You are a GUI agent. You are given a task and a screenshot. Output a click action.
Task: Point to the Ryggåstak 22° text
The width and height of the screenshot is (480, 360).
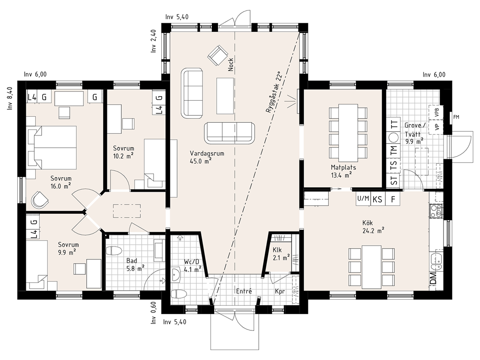273,92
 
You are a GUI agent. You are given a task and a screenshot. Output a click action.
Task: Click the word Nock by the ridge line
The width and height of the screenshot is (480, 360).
231,65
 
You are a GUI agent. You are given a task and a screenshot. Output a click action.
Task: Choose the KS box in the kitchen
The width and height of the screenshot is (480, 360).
377,200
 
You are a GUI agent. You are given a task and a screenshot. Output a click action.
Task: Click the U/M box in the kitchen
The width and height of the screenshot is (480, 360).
363,199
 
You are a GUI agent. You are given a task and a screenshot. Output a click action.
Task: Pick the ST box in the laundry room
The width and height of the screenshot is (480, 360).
394,180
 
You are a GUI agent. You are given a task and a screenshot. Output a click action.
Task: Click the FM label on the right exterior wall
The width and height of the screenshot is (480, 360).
456,117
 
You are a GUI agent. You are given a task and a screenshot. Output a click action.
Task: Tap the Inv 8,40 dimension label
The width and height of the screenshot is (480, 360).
10,98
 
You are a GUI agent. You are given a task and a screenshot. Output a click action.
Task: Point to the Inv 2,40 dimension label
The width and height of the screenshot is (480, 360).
154,41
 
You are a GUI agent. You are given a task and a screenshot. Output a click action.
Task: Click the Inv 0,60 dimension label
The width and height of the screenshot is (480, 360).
154,313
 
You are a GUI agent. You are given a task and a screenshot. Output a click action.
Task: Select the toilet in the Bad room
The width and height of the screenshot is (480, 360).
113,251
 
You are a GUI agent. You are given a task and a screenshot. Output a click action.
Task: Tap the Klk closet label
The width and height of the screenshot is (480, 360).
277,250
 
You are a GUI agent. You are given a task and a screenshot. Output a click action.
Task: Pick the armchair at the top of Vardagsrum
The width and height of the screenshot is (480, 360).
218,55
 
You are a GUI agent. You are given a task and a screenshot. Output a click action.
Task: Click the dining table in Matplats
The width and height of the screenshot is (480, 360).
348,133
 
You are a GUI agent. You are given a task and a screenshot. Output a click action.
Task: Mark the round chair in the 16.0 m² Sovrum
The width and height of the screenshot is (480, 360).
40,200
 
